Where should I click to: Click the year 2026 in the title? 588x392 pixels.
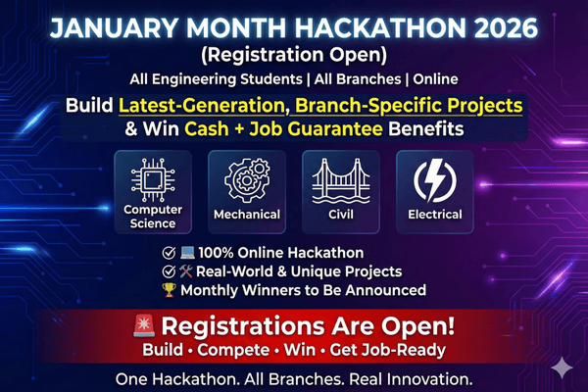tap(513, 24)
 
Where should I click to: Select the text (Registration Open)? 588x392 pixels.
tap(294, 51)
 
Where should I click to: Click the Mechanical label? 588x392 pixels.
tap(247, 214)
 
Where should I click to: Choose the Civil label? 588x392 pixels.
tap(340, 214)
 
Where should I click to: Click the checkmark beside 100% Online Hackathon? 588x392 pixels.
tap(170, 252)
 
